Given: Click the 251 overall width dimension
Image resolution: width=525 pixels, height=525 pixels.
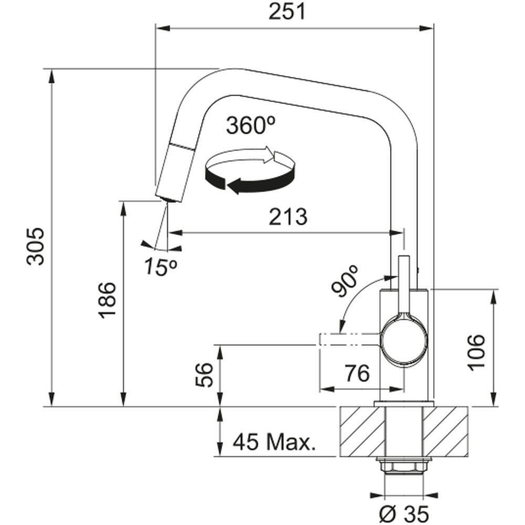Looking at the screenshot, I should [x=287, y=12].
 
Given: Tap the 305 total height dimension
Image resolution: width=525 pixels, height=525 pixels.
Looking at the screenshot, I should [x=36, y=246].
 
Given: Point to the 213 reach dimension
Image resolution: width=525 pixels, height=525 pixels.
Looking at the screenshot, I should [x=287, y=216].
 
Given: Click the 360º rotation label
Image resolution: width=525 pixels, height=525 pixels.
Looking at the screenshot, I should [x=251, y=125].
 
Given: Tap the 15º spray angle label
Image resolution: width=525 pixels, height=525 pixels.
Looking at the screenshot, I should [x=161, y=268].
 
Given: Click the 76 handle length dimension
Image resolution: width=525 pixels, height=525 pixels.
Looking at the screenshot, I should [x=357, y=374].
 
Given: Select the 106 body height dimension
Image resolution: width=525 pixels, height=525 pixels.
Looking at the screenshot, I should [x=477, y=351].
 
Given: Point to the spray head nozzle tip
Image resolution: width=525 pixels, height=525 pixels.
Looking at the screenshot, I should [x=168, y=199].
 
